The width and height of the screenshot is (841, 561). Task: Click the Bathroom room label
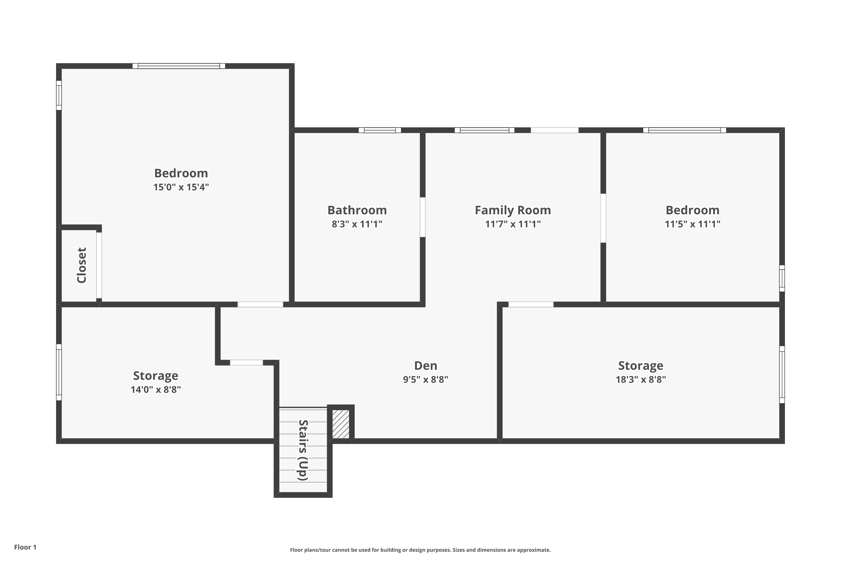click(357, 210)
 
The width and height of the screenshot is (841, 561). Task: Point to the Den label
click(426, 366)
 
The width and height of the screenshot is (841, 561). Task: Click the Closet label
click(82, 265)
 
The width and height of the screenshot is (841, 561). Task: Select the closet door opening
click(99, 265)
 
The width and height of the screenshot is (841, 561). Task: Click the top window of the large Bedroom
click(179, 66)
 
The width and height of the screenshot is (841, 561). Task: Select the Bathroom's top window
click(380, 130)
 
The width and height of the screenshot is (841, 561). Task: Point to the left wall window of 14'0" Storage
click(59, 372)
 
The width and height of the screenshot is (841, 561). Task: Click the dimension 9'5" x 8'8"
click(426, 380)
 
